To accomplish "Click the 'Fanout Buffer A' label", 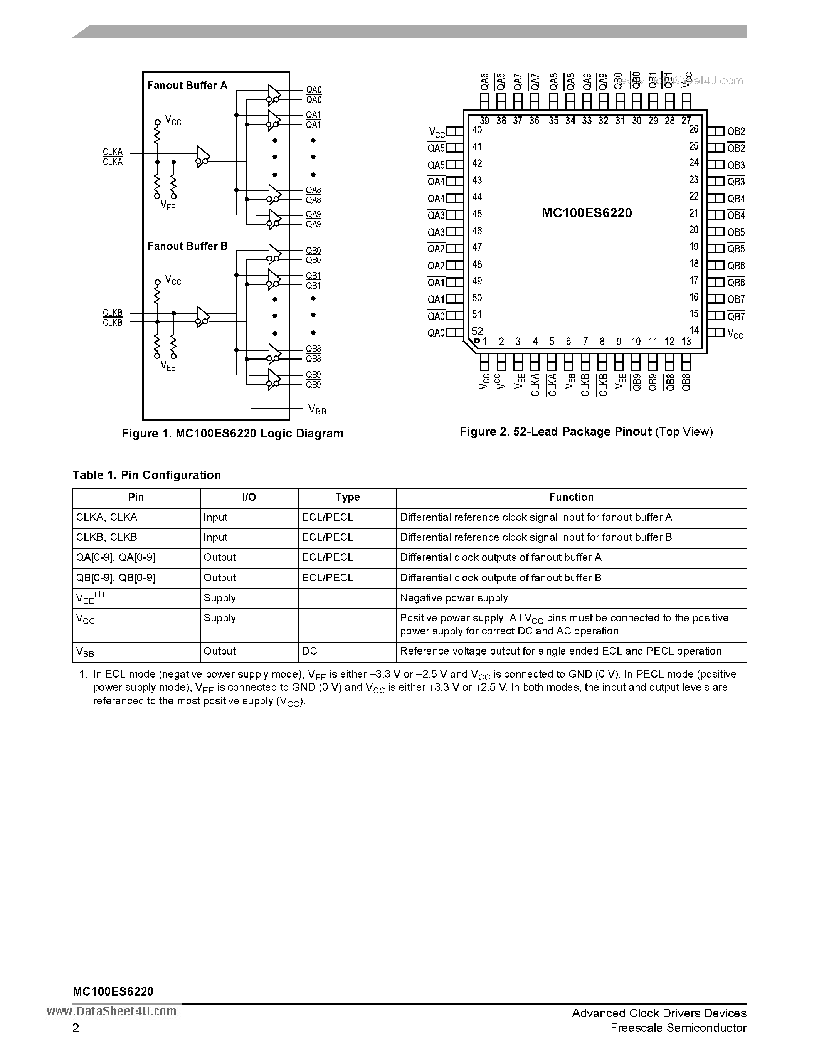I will (187, 86).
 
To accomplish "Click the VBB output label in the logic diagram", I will (317, 410).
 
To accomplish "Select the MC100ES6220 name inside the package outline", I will (587, 213).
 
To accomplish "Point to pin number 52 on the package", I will (477, 331).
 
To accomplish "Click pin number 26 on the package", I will (694, 129).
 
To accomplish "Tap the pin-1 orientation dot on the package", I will (477, 341).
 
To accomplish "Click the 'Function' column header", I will (571, 497).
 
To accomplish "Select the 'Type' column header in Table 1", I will (347, 497).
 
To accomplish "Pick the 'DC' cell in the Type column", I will (309, 651).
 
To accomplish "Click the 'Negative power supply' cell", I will (454, 598).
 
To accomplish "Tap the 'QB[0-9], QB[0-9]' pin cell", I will (116, 577).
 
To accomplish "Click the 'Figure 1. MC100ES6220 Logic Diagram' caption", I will (232, 433).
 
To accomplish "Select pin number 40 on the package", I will (477, 130).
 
